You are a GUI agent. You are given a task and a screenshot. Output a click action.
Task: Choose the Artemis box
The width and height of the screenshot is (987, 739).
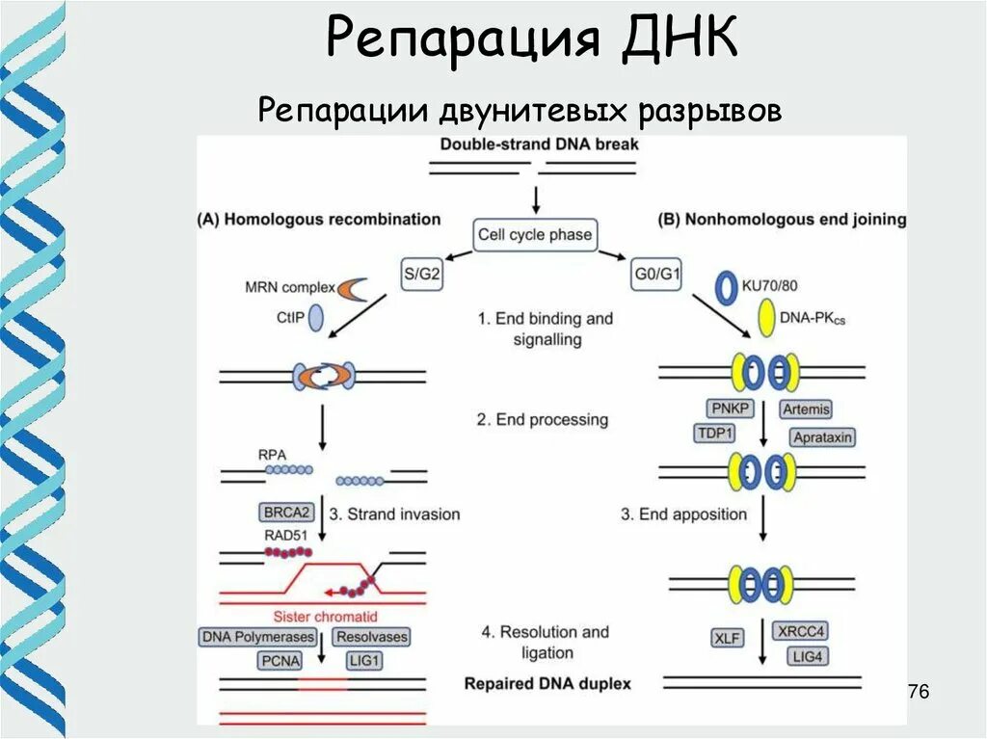(806, 409)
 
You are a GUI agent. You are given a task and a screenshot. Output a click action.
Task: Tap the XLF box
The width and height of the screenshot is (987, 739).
(726, 638)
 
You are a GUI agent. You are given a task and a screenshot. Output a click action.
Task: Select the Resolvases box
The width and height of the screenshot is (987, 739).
(371, 637)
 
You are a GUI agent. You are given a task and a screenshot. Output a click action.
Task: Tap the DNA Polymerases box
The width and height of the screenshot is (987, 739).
(257, 637)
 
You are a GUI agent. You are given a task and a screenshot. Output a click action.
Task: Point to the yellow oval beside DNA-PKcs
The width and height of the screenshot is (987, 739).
(768, 319)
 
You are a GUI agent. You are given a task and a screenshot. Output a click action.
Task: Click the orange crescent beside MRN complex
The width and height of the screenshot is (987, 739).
(352, 289)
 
